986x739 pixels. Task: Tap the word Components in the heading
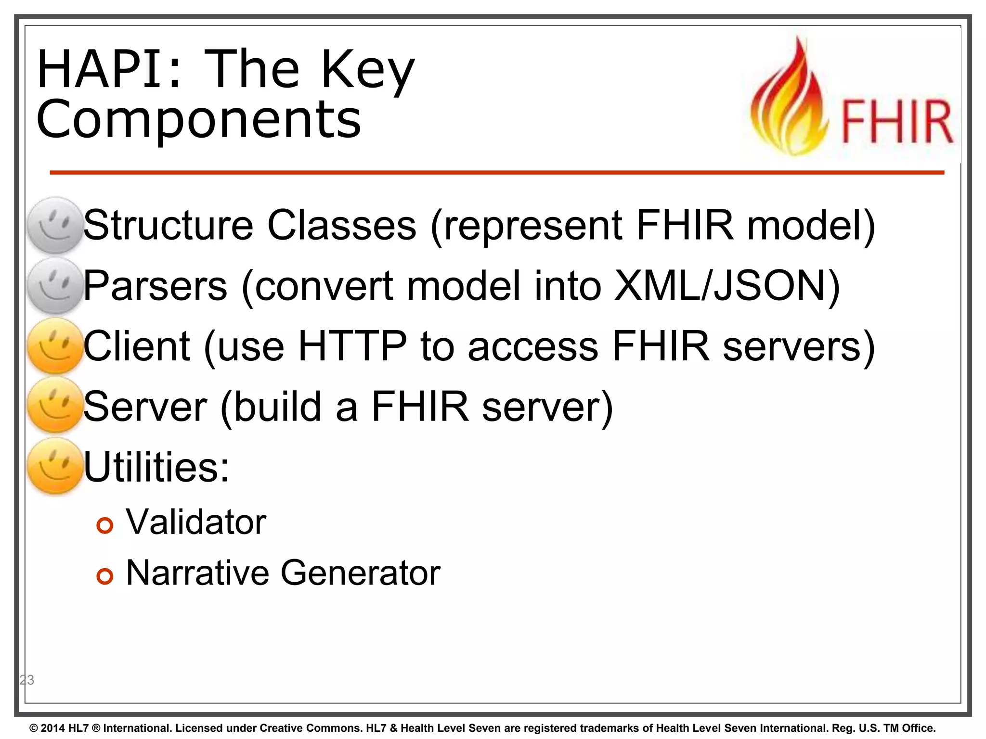[x=198, y=119]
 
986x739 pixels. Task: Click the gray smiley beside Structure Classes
[x=55, y=225]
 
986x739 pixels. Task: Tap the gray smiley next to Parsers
[x=55, y=285]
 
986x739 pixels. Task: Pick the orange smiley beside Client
[x=55, y=345]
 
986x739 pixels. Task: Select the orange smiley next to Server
[x=55, y=405]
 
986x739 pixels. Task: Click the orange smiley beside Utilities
[x=55, y=466]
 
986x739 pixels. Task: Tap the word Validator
[x=196, y=522]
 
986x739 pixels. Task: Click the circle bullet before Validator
[x=104, y=525]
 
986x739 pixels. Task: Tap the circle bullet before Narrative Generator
[x=104, y=576]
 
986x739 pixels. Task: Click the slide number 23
[x=27, y=680]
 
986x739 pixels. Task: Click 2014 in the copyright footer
[x=53, y=728]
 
